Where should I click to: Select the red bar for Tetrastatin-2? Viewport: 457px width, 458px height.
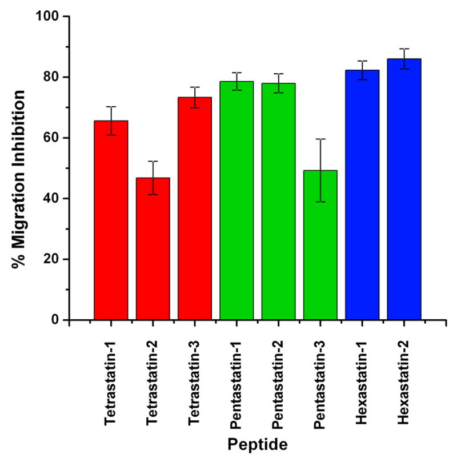[x=153, y=248]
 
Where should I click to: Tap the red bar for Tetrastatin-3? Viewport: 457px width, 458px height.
[x=195, y=208]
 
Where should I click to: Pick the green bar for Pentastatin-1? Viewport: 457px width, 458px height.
[x=236, y=200]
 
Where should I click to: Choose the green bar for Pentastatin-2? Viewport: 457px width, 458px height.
[x=278, y=201]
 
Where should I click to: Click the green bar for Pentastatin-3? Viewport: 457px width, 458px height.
[x=320, y=245]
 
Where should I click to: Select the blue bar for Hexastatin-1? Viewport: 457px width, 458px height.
[x=362, y=195]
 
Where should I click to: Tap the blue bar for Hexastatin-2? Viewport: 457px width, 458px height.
[x=404, y=189]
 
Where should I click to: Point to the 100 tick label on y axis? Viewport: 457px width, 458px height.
[x=48, y=17]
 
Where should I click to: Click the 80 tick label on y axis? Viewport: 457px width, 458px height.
[x=51, y=77]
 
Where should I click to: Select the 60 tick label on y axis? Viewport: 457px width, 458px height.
[x=51, y=138]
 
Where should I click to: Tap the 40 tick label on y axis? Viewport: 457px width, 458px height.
[x=51, y=198]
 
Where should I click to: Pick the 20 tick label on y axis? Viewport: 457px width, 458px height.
[x=51, y=259]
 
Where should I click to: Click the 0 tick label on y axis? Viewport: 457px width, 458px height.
[x=55, y=320]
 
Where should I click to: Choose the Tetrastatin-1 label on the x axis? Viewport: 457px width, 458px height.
[x=111, y=380]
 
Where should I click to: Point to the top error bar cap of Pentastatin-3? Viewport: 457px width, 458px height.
[x=320, y=139]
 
